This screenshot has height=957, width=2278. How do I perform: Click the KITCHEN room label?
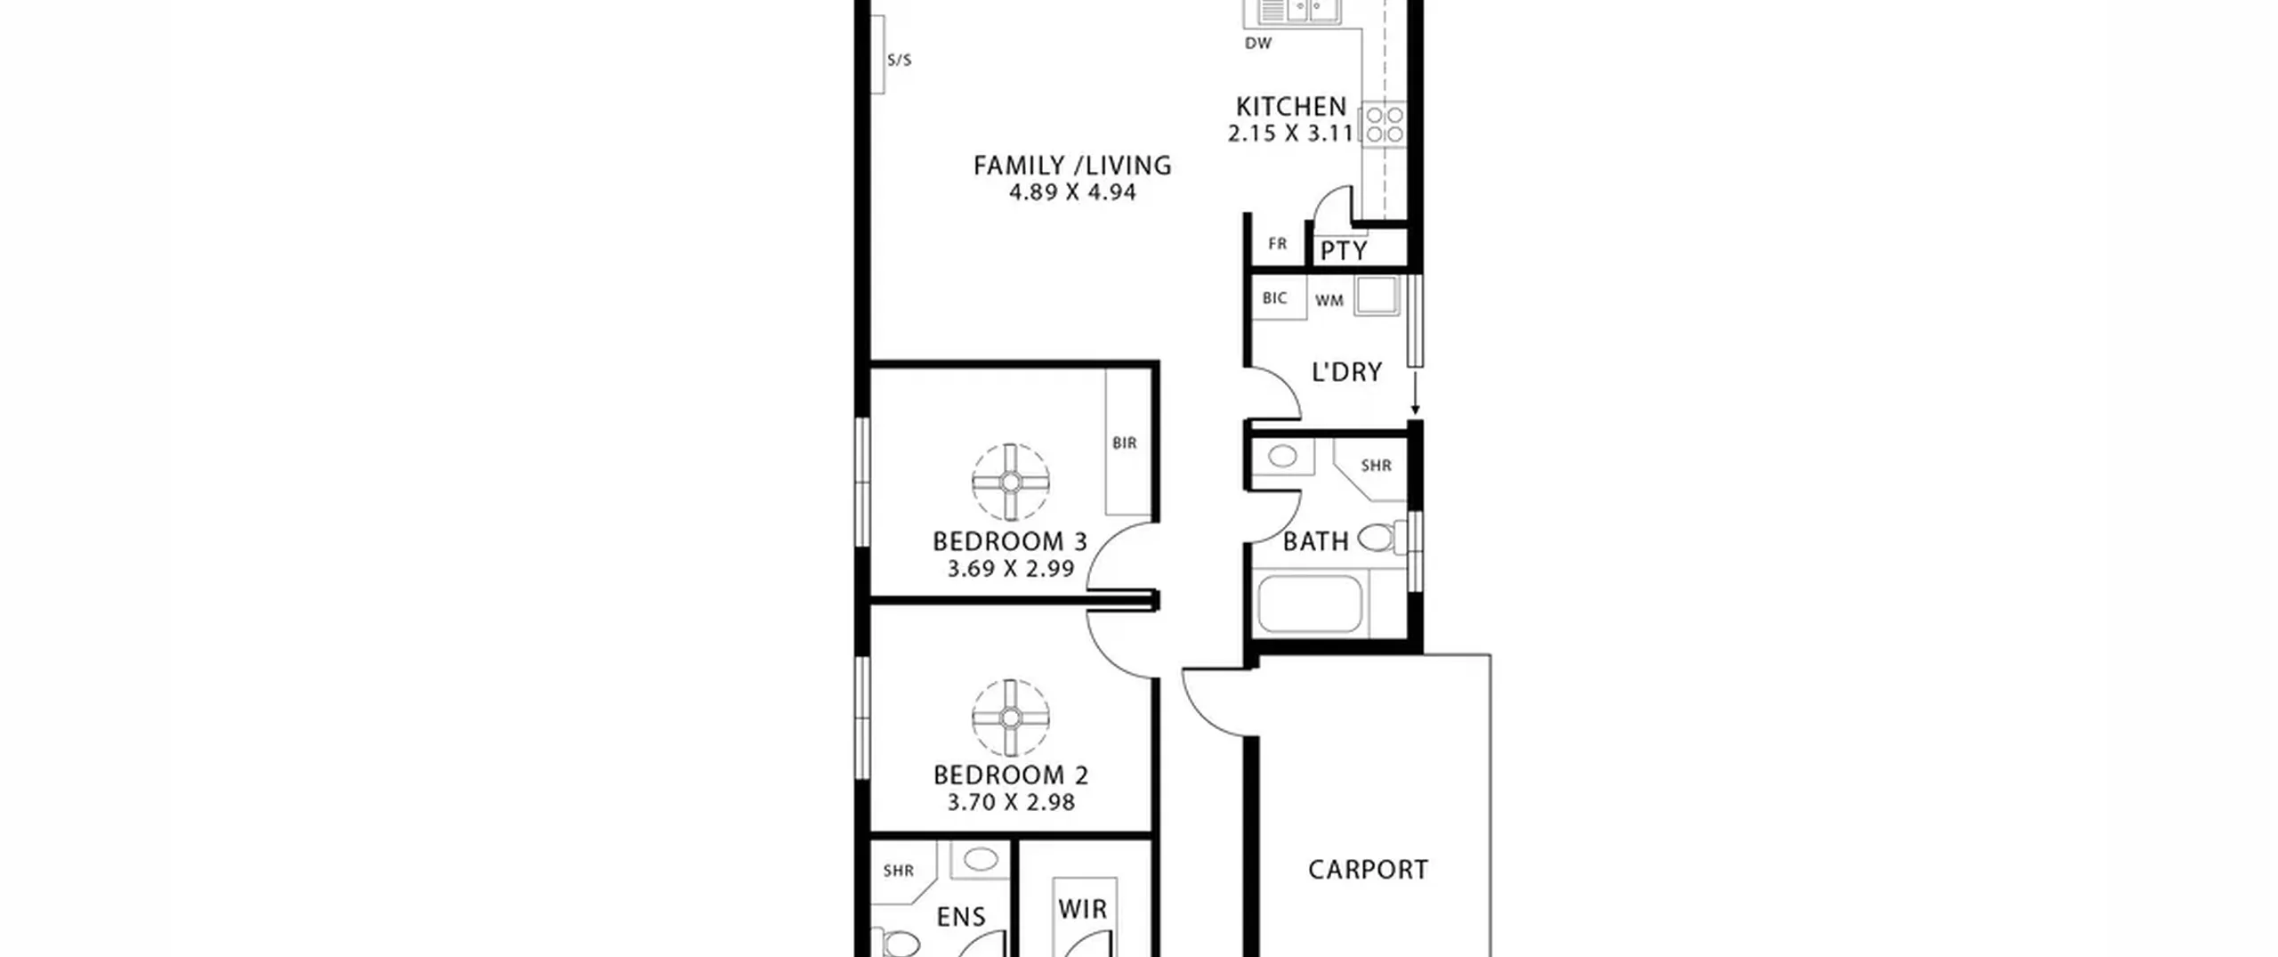pos(1291,107)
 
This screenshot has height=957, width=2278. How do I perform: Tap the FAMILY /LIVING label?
pos(1072,166)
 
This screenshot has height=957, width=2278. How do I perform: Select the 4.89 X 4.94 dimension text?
pos(1072,192)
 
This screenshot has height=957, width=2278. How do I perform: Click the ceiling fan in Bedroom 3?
pos(1011,482)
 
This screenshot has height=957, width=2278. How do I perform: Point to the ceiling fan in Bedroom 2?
pos(1011,718)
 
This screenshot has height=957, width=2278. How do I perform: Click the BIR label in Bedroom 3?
pos(1125,442)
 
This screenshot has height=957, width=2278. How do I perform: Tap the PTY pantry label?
pos(1344,251)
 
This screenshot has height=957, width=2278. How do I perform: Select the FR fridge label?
pos(1278,243)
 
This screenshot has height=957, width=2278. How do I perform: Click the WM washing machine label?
pos(1329,301)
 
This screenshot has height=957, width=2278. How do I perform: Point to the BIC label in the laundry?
pos(1274,298)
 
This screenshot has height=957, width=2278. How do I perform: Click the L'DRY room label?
pos(1347,371)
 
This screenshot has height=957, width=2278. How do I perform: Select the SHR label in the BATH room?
pos(1376,466)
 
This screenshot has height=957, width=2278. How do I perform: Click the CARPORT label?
pos(1368,869)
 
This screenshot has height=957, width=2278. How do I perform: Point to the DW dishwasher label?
pos(1258,43)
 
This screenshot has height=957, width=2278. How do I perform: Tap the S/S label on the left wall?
pos(900,61)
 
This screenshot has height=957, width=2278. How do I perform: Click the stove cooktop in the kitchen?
pos(1385,125)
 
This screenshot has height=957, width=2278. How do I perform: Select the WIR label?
pos(1083,909)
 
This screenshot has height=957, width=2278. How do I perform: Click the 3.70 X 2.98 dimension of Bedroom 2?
pos(1011,802)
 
